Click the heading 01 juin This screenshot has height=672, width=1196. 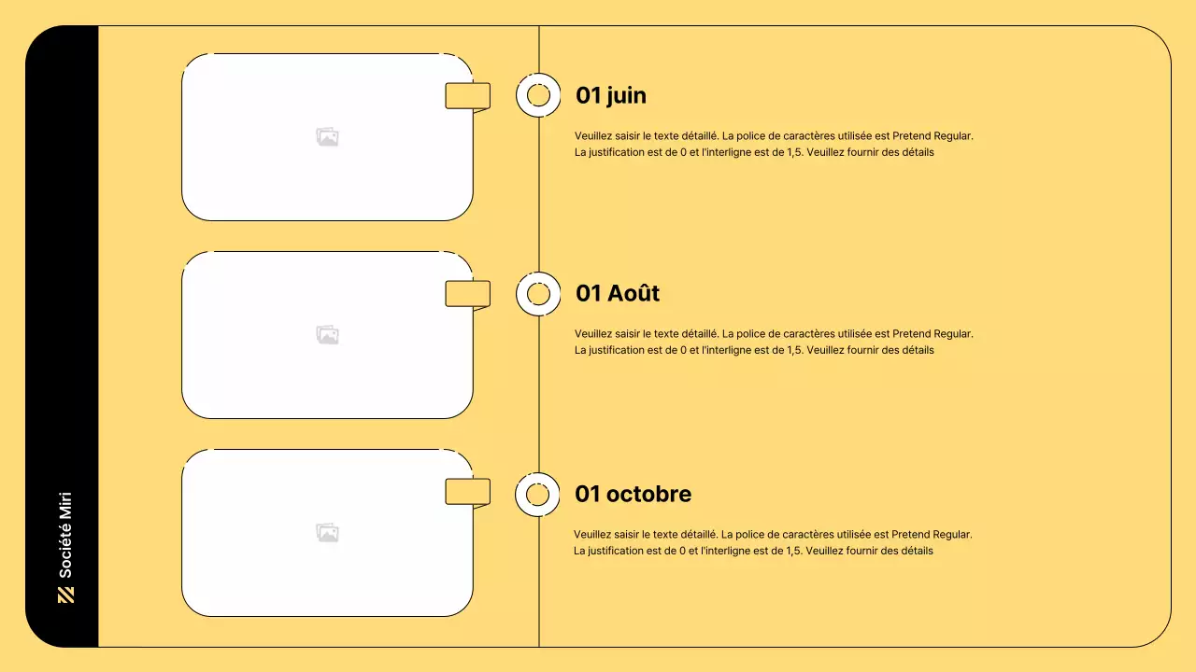coord(611,95)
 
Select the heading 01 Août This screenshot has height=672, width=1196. coord(618,293)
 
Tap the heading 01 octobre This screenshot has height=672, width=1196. coord(634,494)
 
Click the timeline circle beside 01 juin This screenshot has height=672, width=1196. coord(538,95)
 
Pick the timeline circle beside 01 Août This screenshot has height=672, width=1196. coord(538,294)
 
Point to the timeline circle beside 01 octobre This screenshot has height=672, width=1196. coord(537,495)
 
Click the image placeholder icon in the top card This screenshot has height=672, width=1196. coord(327,137)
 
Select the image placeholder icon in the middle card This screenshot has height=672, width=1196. coord(327,335)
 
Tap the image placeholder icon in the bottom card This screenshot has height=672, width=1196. coord(327,533)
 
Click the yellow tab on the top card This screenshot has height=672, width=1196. coord(467,95)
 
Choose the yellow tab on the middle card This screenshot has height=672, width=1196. coord(467,294)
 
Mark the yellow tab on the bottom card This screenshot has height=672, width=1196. coord(467,492)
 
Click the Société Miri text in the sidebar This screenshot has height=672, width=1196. coord(65,535)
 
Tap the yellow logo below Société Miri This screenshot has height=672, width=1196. coord(65,595)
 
